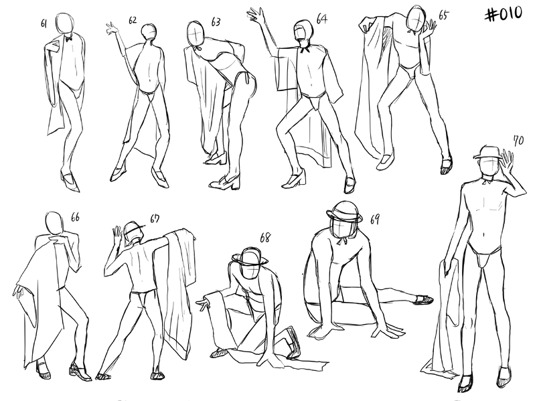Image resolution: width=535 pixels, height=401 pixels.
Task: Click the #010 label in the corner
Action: pyautogui.click(x=504, y=15)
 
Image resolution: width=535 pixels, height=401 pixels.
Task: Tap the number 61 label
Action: pyautogui.click(x=44, y=23)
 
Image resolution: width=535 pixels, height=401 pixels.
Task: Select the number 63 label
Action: pyautogui.click(x=216, y=22)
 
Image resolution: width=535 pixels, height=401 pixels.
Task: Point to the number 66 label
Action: pyautogui.click(x=75, y=217)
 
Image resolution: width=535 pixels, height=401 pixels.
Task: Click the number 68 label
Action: pyautogui.click(x=264, y=238)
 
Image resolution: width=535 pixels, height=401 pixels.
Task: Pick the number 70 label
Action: pyautogui.click(x=518, y=140)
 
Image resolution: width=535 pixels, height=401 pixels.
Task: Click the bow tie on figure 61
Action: pyautogui.click(x=69, y=39)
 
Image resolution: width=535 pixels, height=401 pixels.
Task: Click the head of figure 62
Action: pyautogui.click(x=149, y=31)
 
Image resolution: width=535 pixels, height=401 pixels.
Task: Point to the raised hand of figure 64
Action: pyautogui.click(x=256, y=15)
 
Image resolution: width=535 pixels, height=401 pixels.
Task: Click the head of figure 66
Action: pyautogui.click(x=54, y=222)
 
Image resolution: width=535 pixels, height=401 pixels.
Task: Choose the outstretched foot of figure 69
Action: pyautogui.click(x=423, y=300)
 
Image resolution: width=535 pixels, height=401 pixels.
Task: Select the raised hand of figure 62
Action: pyautogui.click(x=112, y=28)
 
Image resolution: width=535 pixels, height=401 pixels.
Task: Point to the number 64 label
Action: pyautogui.click(x=322, y=19)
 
